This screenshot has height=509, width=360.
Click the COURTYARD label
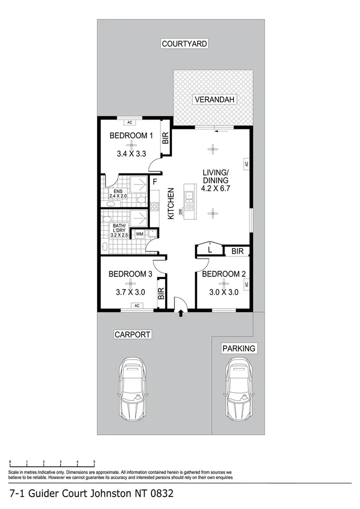[x=184, y=44]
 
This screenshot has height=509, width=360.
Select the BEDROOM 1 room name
[x=131, y=135]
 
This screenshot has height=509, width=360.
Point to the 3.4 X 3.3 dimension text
[x=131, y=154]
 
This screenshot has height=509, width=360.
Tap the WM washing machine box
[x=139, y=233]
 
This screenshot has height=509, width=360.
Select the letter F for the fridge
[x=155, y=181]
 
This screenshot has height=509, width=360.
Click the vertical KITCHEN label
[x=171, y=203]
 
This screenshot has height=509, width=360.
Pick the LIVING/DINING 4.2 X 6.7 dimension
[x=215, y=189]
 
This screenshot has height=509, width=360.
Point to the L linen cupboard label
[x=210, y=248]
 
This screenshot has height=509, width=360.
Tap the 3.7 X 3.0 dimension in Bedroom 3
[x=130, y=292]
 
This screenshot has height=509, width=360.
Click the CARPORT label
[x=132, y=334]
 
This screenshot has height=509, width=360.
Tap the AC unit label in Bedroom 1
[x=130, y=122]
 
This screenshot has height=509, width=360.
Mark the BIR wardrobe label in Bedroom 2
[x=237, y=251]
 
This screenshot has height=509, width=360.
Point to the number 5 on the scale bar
[x=94, y=462]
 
